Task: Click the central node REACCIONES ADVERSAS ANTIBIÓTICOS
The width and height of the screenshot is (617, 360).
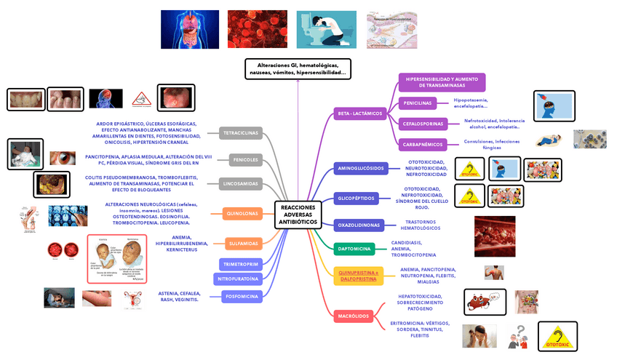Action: tap(298, 215)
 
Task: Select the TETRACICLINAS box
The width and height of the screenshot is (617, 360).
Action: tap(240, 133)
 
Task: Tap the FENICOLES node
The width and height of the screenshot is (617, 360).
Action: tap(240, 160)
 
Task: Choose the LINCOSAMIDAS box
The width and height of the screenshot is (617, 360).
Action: tap(240, 183)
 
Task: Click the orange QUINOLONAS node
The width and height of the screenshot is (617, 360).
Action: tap(242, 214)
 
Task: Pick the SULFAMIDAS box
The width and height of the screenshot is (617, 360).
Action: tap(242, 243)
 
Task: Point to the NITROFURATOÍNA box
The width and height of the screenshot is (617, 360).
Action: tap(237, 279)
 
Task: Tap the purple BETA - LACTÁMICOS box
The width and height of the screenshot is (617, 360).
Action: tap(359, 113)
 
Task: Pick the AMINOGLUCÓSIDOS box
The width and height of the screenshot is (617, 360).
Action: tap(359, 169)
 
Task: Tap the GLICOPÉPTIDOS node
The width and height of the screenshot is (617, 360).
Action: tap(357, 198)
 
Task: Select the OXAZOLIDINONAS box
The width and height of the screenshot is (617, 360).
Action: tap(359, 225)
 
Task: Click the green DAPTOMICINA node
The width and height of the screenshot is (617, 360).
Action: tap(354, 249)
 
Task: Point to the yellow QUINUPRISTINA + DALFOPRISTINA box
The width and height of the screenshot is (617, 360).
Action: tap(357, 276)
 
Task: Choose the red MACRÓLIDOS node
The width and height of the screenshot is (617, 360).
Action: tap(354, 316)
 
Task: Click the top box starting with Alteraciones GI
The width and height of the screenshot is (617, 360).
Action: tap(298, 69)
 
